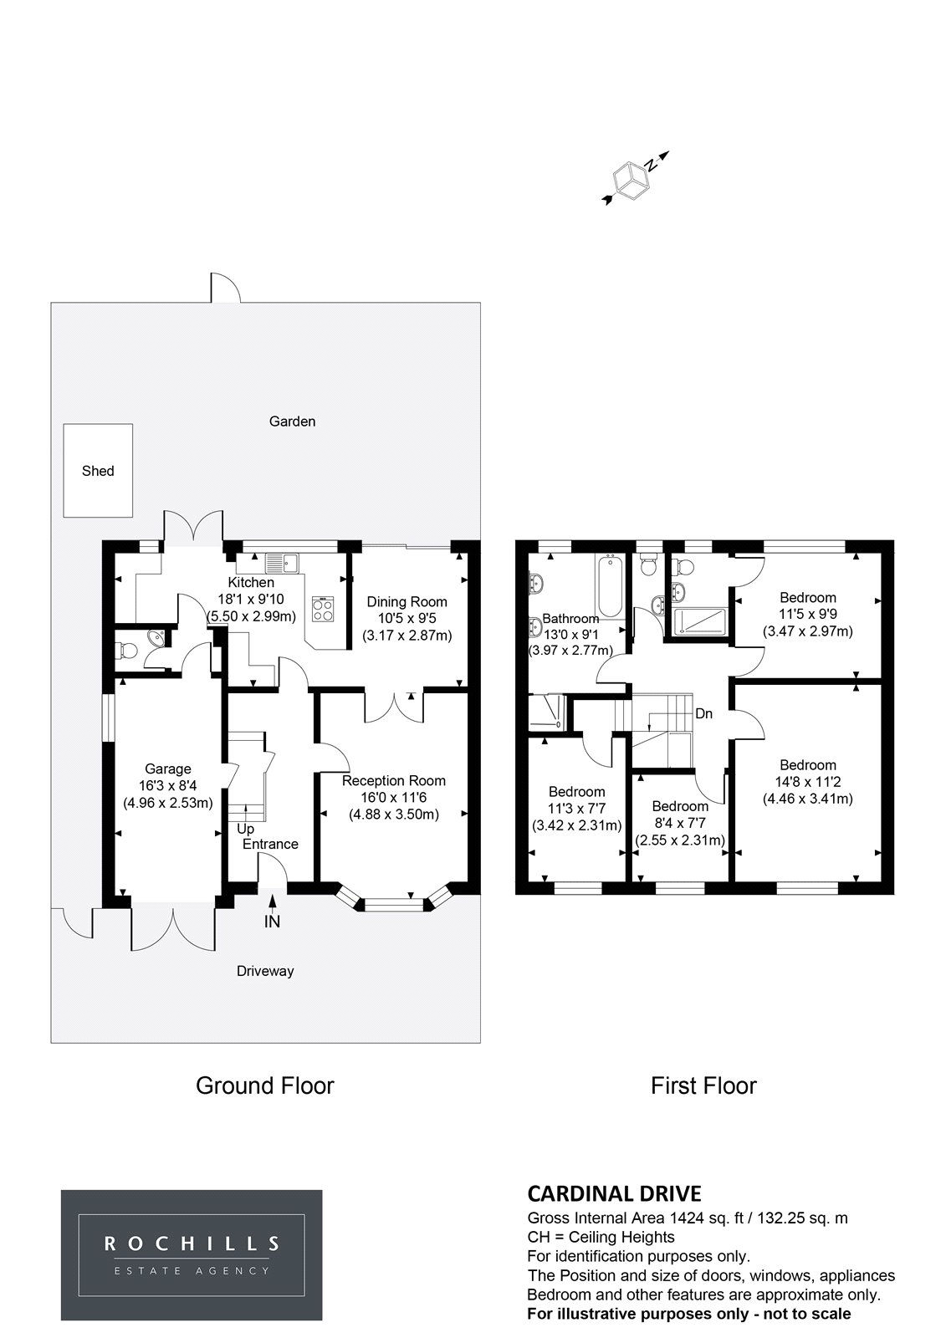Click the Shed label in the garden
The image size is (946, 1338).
pyautogui.click(x=98, y=471)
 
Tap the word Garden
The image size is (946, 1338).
pyautogui.click(x=292, y=421)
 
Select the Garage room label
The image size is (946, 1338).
pyautogui.click(x=168, y=769)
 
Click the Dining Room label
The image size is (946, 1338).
pyautogui.click(x=407, y=601)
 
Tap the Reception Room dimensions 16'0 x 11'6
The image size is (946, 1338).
pyautogui.click(x=394, y=798)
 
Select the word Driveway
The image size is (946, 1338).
pyautogui.click(x=265, y=971)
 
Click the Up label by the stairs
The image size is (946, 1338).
pyautogui.click(x=246, y=829)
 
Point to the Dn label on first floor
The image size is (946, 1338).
pyautogui.click(x=704, y=713)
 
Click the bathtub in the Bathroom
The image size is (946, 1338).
pyautogui.click(x=610, y=586)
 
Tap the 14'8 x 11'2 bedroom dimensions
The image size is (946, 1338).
pyautogui.click(x=807, y=782)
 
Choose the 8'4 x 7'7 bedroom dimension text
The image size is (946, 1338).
pyautogui.click(x=680, y=823)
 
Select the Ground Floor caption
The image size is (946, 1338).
pyautogui.click(x=265, y=1085)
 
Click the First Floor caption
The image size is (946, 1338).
pyautogui.click(x=703, y=1085)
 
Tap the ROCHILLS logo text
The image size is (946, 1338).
pyautogui.click(x=192, y=1256)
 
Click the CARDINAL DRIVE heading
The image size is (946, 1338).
pyautogui.click(x=614, y=1193)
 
